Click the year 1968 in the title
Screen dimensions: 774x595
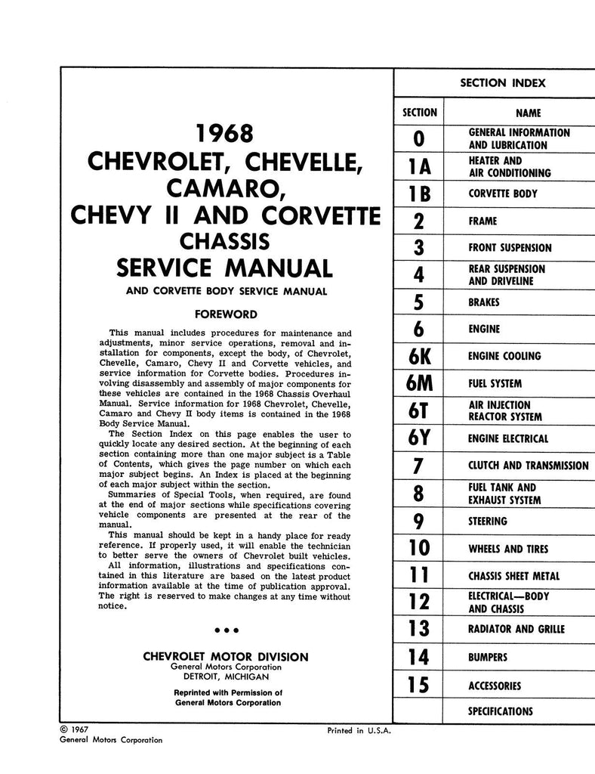pyautogui.click(x=224, y=135)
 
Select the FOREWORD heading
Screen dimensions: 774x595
pyautogui.click(x=225, y=314)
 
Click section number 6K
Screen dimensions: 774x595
pyautogui.click(x=419, y=356)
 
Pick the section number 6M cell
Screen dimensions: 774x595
pyautogui.click(x=419, y=383)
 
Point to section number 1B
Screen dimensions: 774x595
pyautogui.click(x=419, y=194)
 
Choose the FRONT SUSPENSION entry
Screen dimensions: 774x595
pyautogui.click(x=510, y=248)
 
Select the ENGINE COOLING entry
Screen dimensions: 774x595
pyautogui.click(x=504, y=356)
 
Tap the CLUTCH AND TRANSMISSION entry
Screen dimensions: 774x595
pyautogui.click(x=529, y=466)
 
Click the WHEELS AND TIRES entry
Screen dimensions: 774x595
pyautogui.click(x=508, y=550)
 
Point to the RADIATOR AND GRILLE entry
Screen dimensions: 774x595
pyautogui.click(x=516, y=629)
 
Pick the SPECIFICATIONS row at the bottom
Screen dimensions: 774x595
pyautogui.click(x=501, y=711)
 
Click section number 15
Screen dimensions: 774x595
pyautogui.click(x=419, y=685)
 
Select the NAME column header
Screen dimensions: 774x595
pyautogui.click(x=529, y=113)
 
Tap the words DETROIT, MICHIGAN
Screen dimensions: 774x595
pyautogui.click(x=226, y=678)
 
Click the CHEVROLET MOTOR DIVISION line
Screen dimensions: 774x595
pyautogui.click(x=225, y=657)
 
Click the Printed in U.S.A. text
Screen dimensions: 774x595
pyautogui.click(x=359, y=731)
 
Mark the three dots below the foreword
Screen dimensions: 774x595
pyautogui.click(x=226, y=630)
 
